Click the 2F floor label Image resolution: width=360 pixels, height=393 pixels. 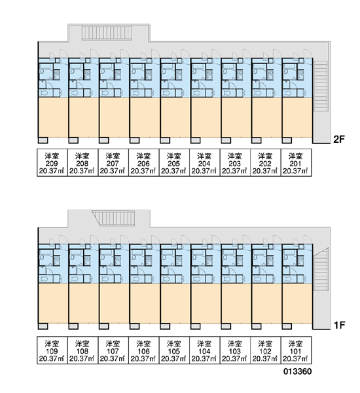pyautogui.click(x=339, y=139)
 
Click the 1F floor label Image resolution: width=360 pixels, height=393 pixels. pyautogui.click(x=339, y=325)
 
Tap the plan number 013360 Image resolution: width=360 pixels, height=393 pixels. pyautogui.click(x=298, y=371)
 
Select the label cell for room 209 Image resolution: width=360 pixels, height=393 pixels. pyautogui.click(x=52, y=162)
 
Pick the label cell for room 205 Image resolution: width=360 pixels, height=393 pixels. pyautogui.click(x=174, y=162)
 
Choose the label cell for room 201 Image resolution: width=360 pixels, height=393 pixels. pyautogui.click(x=296, y=162)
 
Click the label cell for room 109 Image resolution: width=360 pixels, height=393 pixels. pyautogui.click(x=52, y=350)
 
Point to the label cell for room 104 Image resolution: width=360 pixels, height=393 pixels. pyautogui.click(x=205, y=350)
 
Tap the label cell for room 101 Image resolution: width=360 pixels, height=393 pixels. pyautogui.click(x=296, y=350)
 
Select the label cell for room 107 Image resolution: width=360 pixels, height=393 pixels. pyautogui.click(x=113, y=350)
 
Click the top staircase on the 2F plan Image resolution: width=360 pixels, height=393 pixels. pyautogui.click(x=107, y=33)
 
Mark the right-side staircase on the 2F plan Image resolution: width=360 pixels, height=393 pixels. pyautogui.click(x=321, y=86)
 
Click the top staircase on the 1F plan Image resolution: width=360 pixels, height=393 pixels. pyautogui.click(x=113, y=218)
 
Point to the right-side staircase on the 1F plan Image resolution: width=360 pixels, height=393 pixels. pyautogui.click(x=321, y=269)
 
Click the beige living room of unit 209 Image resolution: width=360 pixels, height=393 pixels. pyautogui.click(x=53, y=117)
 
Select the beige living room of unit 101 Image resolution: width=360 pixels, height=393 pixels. pyautogui.click(x=297, y=303)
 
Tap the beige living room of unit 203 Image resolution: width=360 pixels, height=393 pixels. pyautogui.click(x=236, y=117)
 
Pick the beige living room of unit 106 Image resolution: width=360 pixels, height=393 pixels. pyautogui.click(x=145, y=303)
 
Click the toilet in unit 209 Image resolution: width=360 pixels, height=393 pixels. pyautogui.click(x=45, y=93)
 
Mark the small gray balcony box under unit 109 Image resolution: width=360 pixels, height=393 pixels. pyautogui.click(x=43, y=326)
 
